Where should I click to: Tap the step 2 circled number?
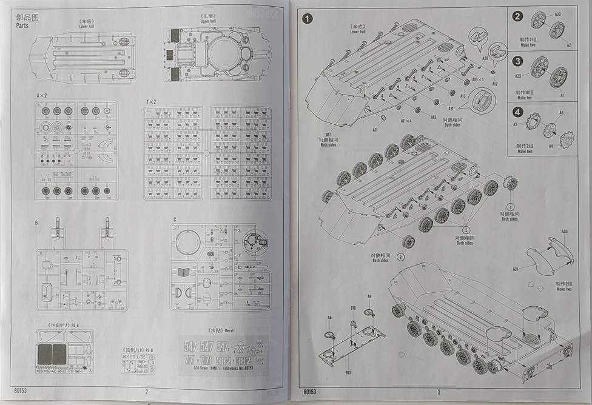click(x=517, y=16)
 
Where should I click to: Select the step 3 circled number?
click(x=517, y=61)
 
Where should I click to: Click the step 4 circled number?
click(x=517, y=112)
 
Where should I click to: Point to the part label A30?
click(x=557, y=14)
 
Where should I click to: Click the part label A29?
click(x=519, y=76)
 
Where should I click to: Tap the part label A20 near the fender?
click(x=565, y=232)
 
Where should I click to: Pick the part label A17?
click(x=328, y=134)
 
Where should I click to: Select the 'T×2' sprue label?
click(x=150, y=101)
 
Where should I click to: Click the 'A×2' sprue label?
click(x=42, y=96)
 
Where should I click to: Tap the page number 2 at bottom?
click(x=146, y=392)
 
